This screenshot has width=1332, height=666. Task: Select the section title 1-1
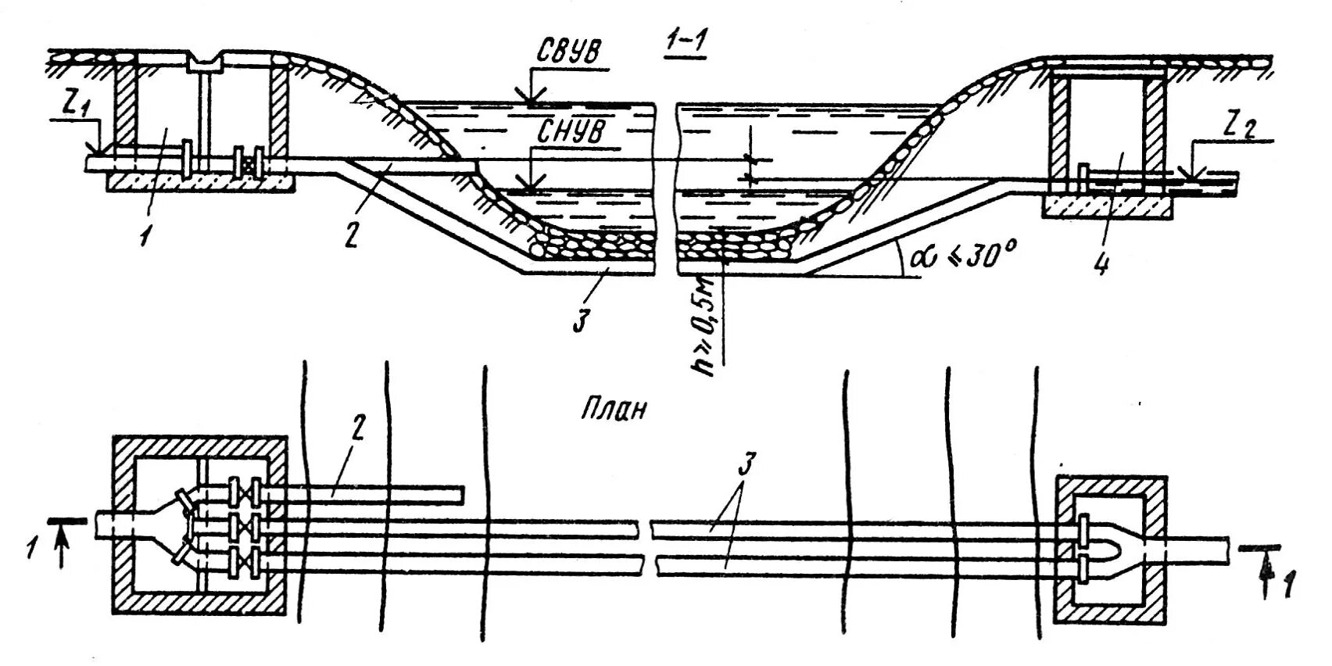tap(684, 46)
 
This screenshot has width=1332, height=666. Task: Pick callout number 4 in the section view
tap(1101, 264)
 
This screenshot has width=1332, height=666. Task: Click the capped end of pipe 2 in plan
tap(460, 496)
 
